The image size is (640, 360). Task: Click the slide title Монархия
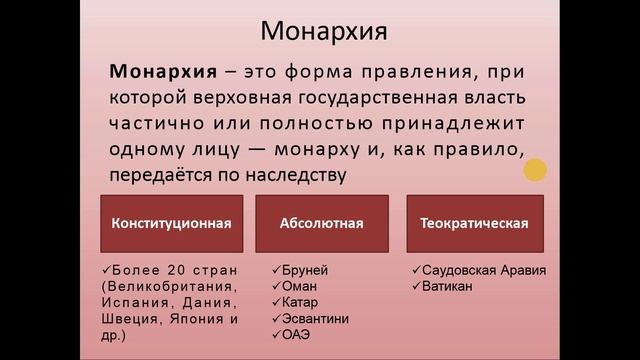click(323, 31)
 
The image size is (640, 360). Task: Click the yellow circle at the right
click(536, 171)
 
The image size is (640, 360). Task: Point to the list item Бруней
click(304, 271)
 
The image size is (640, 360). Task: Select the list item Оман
click(299, 287)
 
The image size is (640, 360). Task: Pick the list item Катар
click(301, 303)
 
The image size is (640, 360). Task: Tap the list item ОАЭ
click(298, 335)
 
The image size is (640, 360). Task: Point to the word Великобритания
click(174, 287)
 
